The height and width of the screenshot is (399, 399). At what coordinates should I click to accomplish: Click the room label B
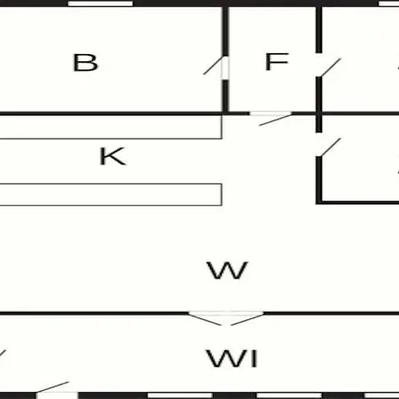(x=85, y=63)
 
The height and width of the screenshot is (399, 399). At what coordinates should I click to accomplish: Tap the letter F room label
(x=277, y=62)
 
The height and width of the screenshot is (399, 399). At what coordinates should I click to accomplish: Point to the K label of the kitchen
(x=113, y=156)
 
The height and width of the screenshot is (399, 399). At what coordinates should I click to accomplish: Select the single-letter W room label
(x=227, y=270)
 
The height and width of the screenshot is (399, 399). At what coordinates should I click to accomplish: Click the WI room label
(x=232, y=358)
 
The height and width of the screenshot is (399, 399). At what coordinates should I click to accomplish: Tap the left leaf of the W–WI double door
(x=205, y=318)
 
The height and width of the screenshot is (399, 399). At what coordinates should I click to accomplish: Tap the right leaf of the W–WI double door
(x=247, y=318)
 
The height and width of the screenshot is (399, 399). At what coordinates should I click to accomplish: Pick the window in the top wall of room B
(x=100, y=4)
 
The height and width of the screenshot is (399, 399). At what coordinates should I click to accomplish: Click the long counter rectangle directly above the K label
(x=111, y=127)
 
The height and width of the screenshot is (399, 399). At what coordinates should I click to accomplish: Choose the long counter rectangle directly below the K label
(x=111, y=194)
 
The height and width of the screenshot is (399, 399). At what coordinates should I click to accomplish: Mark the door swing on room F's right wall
(x=331, y=67)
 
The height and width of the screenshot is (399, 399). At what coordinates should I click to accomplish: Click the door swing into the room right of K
(x=331, y=147)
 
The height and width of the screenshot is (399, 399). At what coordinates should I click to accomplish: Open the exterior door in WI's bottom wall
(x=52, y=387)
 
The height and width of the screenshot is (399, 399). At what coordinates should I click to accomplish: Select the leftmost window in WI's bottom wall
(x=180, y=395)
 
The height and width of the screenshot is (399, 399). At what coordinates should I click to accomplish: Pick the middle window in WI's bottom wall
(x=289, y=395)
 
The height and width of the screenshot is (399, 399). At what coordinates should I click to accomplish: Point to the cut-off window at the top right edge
(x=388, y=4)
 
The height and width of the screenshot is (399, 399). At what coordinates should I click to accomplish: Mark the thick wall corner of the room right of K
(x=318, y=202)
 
